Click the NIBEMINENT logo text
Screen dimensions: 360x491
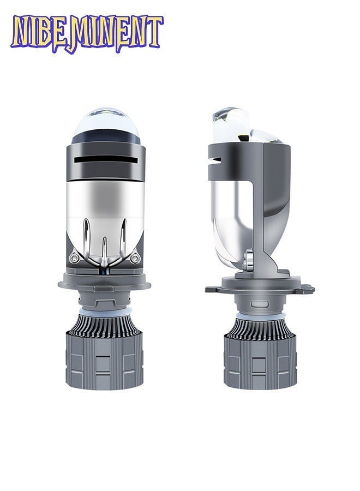click(87, 34)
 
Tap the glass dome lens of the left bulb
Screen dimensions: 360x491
click(105, 125)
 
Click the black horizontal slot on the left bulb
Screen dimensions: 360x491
click(106, 160)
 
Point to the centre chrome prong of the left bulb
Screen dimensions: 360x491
click(105, 250)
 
